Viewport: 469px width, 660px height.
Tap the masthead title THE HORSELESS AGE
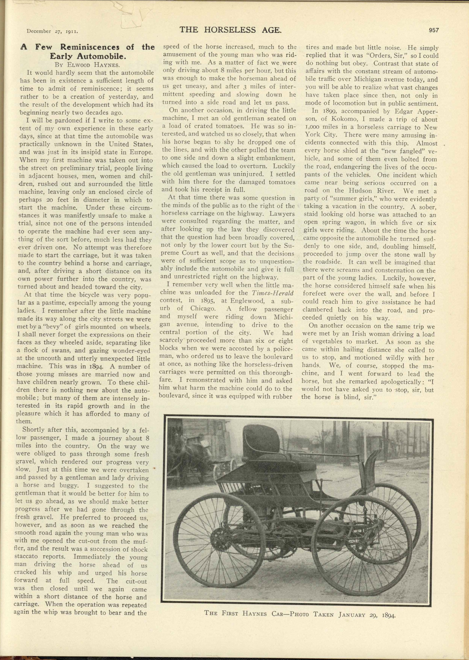pyautogui.click(x=230, y=30)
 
